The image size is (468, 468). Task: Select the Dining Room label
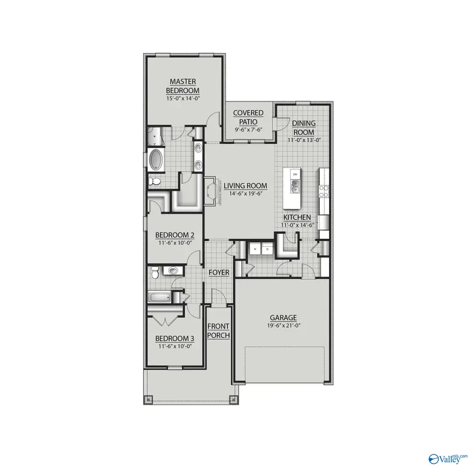(x=303, y=127)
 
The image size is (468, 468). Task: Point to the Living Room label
(x=245, y=186)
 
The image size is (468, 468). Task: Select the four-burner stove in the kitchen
(x=323, y=191)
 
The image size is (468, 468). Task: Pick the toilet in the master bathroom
(x=154, y=181)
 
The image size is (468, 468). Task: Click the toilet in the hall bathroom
(x=172, y=270)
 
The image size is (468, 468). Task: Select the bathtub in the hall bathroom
(x=160, y=298)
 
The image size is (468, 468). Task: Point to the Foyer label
(x=219, y=273)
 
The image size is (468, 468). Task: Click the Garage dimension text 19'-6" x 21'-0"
(x=283, y=326)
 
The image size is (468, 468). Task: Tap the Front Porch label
(x=218, y=331)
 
